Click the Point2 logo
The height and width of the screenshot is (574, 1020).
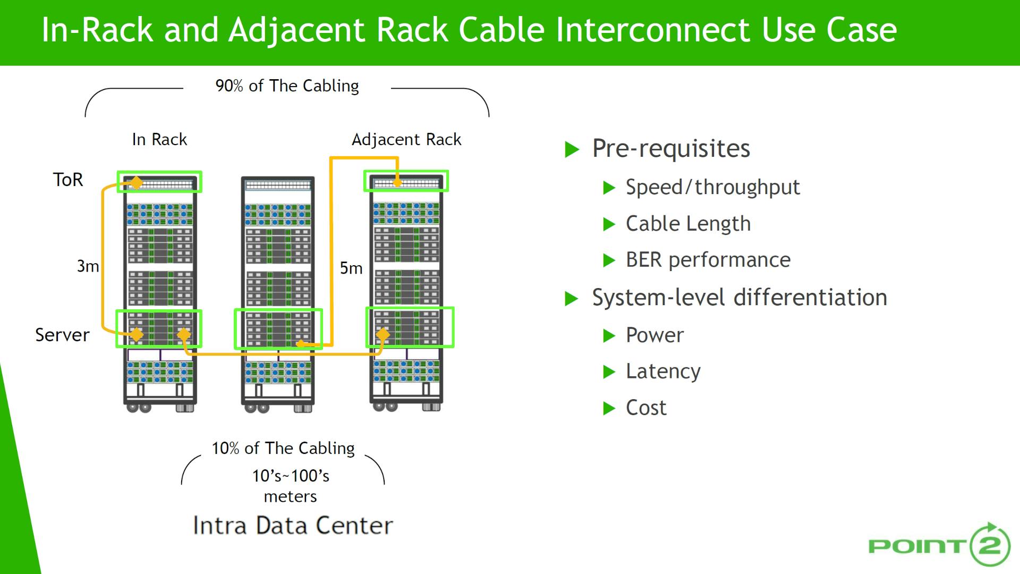[x=939, y=545]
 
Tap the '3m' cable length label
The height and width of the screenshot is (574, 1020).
[x=88, y=266]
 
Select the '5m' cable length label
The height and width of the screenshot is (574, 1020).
[x=351, y=268]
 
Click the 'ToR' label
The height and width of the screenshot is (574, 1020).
[x=68, y=180]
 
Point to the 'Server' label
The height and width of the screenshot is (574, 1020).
[x=62, y=335]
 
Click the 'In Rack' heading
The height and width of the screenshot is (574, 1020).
[x=159, y=139]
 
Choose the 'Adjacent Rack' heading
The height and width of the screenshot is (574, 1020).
[x=406, y=139]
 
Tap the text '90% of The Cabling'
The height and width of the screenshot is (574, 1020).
[x=287, y=86]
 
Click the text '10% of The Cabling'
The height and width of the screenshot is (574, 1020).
[x=283, y=448]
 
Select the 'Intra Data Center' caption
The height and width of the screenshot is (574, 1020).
[x=293, y=525]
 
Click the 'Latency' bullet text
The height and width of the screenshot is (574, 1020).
[x=663, y=371]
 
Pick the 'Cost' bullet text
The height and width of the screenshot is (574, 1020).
[x=646, y=408]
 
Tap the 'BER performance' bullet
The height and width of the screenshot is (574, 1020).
[x=708, y=260]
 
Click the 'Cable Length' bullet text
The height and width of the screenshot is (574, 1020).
[x=688, y=224]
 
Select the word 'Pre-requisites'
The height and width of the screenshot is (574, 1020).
[x=671, y=148]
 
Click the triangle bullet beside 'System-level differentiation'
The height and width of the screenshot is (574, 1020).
[x=571, y=298]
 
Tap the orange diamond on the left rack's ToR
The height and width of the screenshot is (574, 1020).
[x=137, y=183]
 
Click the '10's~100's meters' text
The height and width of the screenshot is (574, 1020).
[x=291, y=486]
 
